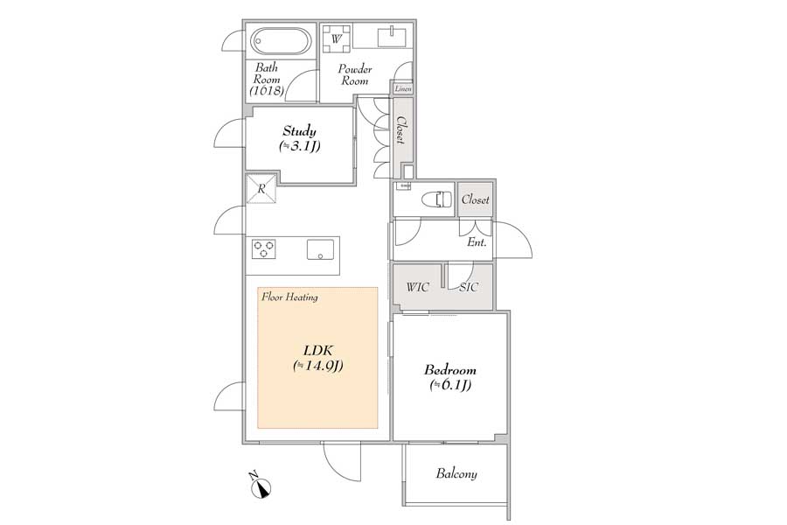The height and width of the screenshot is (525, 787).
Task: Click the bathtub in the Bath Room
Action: pyautogui.click(x=281, y=41)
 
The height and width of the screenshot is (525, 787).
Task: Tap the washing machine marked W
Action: pyautogui.click(x=337, y=38)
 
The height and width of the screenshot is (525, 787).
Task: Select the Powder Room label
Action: pyautogui.click(x=355, y=74)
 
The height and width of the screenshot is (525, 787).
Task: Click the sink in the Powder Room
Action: pyautogui.click(x=392, y=37)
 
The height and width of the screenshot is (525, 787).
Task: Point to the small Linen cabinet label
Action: pyautogui.click(x=403, y=89)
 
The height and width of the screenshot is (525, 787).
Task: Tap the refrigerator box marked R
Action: pyautogui.click(x=261, y=189)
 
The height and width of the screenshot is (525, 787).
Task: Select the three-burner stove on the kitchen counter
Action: pyautogui.click(x=263, y=249)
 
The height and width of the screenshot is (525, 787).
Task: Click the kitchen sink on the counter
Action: pyautogui.click(x=320, y=249)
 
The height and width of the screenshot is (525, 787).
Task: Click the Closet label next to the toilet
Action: pyautogui.click(x=476, y=199)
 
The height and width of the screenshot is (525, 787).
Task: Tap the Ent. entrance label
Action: pyautogui.click(x=477, y=242)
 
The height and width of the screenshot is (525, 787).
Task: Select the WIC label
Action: pyautogui.click(x=418, y=287)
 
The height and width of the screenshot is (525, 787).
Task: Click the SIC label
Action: pyautogui.click(x=469, y=287)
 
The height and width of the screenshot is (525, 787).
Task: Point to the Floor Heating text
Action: pyautogui.click(x=289, y=297)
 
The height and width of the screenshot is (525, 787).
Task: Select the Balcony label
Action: pyautogui.click(x=456, y=473)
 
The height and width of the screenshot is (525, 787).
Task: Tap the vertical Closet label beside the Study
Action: pyautogui.click(x=401, y=129)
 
